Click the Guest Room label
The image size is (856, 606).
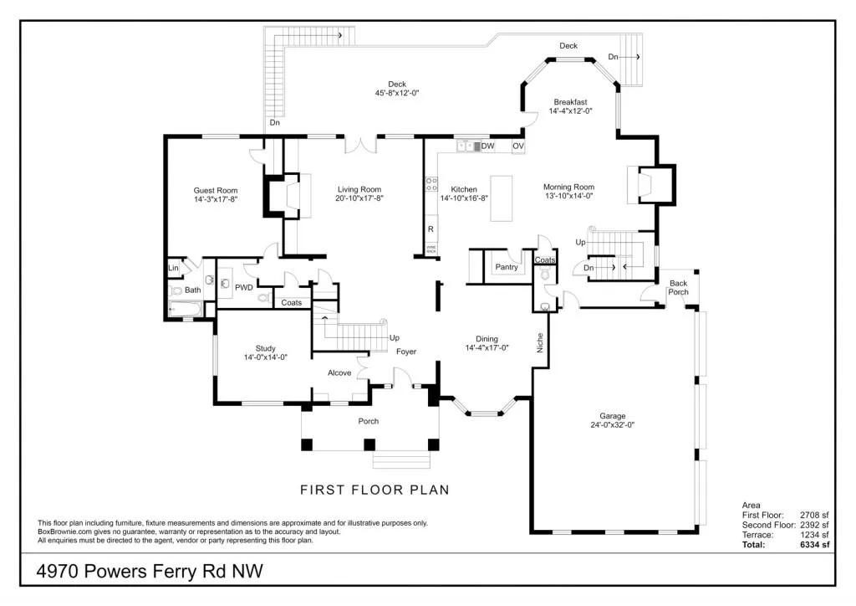tap(216, 190)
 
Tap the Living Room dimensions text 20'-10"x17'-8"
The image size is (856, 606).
tap(359, 199)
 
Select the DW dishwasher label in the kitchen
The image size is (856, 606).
tap(488, 146)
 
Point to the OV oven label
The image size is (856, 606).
tap(517, 146)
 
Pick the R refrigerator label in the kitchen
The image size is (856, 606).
tap(431, 229)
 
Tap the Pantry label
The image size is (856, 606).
tap(507, 267)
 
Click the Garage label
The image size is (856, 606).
tap(612, 415)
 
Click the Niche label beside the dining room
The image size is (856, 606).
tap(540, 342)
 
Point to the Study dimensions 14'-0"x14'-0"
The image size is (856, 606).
tap(265, 357)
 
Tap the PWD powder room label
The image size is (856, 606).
tap(243, 287)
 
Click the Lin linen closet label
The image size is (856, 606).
tap(174, 268)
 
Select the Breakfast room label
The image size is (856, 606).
tap(570, 102)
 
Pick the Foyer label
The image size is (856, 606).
tap(406, 352)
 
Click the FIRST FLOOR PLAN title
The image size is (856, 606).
tap(374, 490)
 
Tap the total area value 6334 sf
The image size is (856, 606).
tap(813, 545)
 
